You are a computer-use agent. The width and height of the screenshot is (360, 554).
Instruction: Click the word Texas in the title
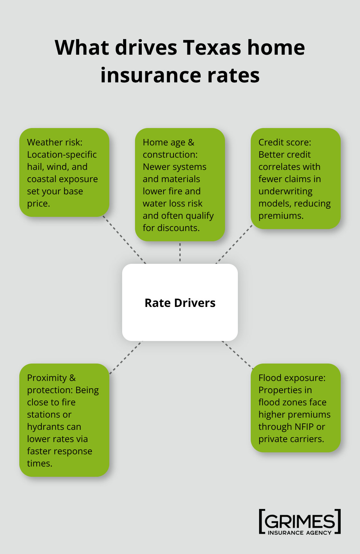point(212,48)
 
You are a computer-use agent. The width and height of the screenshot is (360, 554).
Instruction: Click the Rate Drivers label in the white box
point(180,303)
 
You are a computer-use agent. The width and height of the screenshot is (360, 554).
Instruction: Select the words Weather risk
point(55,142)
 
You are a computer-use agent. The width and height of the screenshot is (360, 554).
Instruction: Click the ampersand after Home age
point(191,142)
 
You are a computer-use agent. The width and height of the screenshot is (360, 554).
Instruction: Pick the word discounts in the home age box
point(178,228)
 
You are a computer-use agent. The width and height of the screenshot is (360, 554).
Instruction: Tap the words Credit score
point(284,142)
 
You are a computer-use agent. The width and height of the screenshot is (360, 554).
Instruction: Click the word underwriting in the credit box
point(285,191)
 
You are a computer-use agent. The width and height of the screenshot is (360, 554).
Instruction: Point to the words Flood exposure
point(292,378)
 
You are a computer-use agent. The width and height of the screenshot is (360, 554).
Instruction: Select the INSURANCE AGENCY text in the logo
point(300,533)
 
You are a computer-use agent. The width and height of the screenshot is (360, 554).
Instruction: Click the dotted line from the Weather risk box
point(125,240)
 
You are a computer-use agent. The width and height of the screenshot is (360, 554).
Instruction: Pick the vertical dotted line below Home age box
point(180,252)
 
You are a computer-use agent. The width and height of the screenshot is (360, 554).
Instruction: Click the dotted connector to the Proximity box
point(126,357)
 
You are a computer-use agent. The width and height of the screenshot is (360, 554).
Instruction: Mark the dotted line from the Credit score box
point(234,245)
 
